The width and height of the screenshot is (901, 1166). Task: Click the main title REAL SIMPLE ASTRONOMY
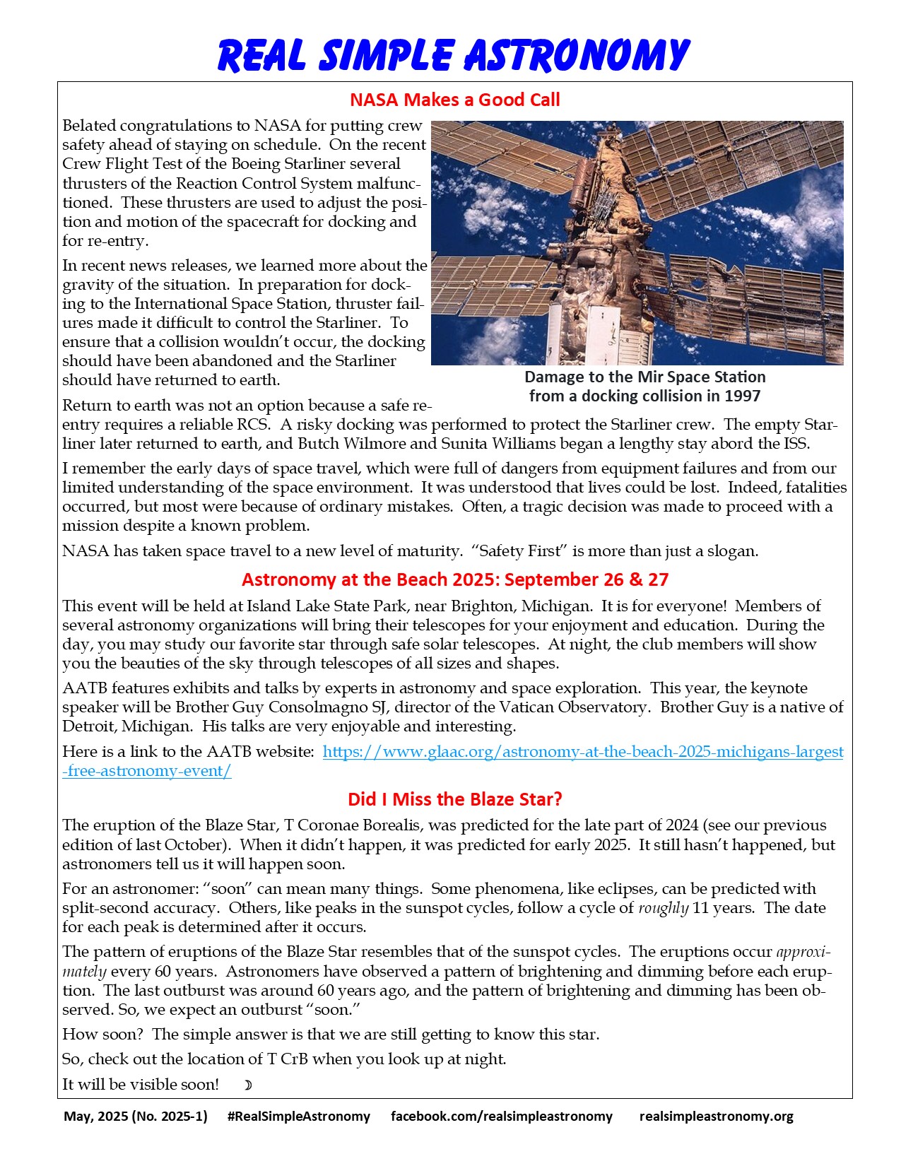tap(452, 55)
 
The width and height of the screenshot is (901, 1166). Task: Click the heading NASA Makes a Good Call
tap(454, 100)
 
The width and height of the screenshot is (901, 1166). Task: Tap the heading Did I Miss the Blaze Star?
tap(454, 799)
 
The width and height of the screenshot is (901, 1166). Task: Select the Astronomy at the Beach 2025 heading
tap(454, 579)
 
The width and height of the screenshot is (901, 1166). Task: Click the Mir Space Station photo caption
tap(644, 387)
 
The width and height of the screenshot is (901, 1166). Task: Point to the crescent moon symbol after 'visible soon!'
tap(247, 1085)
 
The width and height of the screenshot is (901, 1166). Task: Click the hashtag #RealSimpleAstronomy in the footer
tap(299, 1117)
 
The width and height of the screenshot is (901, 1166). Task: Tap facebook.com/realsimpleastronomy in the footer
tap(501, 1117)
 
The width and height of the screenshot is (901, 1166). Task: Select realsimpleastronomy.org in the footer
tap(716, 1117)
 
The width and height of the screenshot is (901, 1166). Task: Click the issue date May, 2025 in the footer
tap(135, 1117)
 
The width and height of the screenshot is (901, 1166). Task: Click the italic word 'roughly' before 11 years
tap(663, 908)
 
